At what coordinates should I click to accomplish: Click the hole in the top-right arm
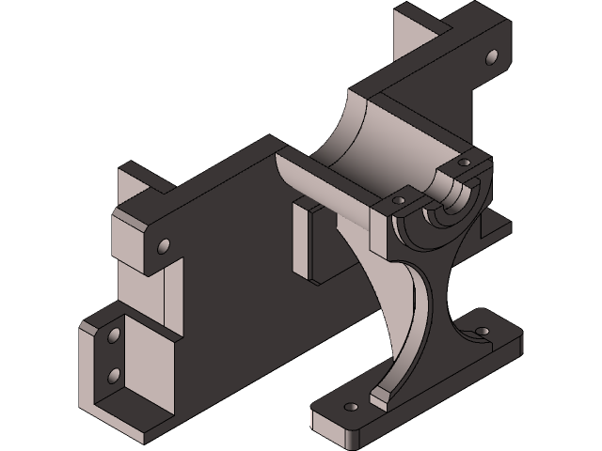pos(490,57)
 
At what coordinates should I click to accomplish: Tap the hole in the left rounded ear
pos(164,246)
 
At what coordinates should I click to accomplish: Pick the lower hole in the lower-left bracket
pos(115,376)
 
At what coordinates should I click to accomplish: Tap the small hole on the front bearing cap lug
pos(398,201)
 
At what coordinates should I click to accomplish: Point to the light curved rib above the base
pos(395,301)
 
